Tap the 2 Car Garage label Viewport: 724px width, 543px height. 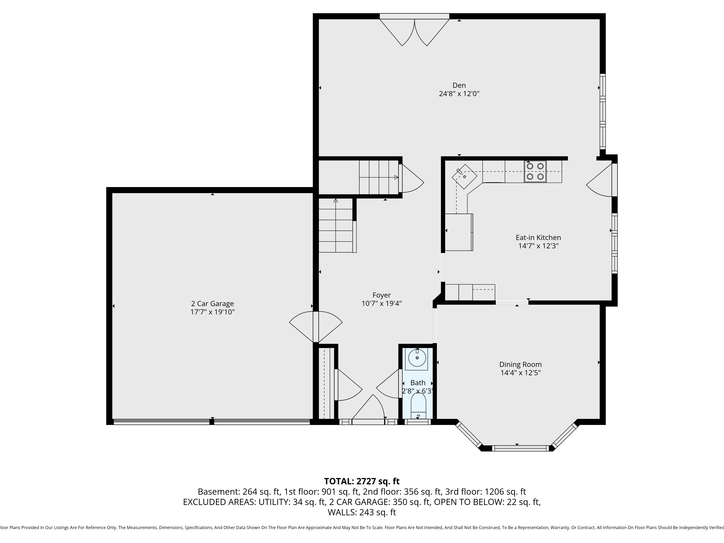pyautogui.click(x=212, y=304)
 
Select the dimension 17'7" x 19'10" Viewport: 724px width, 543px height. pyautogui.click(x=212, y=312)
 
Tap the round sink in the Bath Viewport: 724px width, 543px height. pyautogui.click(x=417, y=358)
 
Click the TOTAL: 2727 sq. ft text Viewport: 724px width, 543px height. pyautogui.click(x=362, y=481)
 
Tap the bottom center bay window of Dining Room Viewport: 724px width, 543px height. pyautogui.click(x=520, y=448)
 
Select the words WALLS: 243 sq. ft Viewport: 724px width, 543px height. pyautogui.click(x=362, y=512)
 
